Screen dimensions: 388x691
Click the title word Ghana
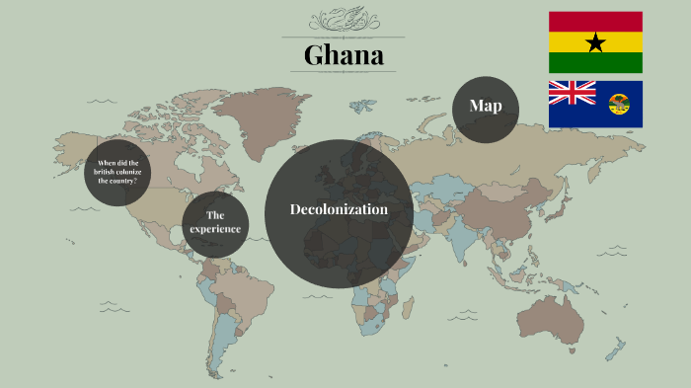pos(344,55)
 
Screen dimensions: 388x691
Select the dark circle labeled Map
pos(486,107)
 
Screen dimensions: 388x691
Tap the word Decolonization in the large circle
pos(339,209)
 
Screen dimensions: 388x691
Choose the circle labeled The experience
pos(215,223)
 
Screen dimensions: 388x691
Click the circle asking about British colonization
pos(117,172)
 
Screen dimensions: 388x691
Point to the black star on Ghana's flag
pos(595,42)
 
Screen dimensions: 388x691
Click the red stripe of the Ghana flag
pos(595,21)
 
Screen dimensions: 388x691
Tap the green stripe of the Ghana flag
pos(595,63)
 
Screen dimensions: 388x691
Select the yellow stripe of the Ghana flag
pos(573,42)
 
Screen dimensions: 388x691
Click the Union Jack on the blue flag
pos(573,92)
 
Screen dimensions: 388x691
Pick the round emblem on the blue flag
pos(619,104)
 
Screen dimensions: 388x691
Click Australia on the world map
pos(557,317)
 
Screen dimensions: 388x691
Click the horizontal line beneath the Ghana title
pos(343,72)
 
